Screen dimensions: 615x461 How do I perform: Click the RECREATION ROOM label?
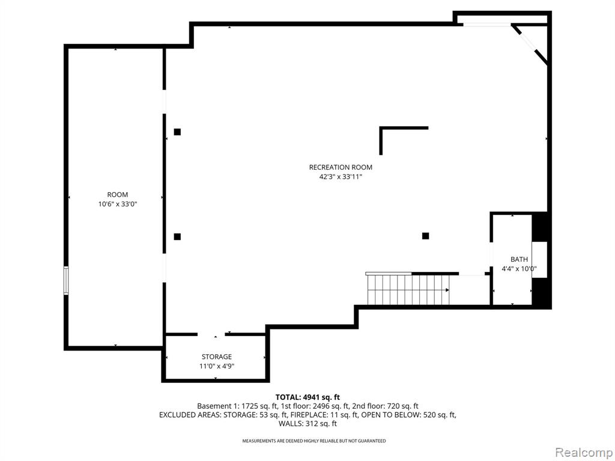click(341, 167)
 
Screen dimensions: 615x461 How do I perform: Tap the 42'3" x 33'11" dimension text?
click(341, 177)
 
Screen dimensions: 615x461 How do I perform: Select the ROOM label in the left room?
click(118, 195)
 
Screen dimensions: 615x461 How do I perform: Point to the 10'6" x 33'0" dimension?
click(118, 204)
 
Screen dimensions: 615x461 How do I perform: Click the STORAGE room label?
click(216, 357)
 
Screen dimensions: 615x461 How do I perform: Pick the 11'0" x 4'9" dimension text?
click(216, 366)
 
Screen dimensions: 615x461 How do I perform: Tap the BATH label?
click(519, 259)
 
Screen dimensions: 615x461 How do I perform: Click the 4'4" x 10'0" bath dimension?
click(520, 269)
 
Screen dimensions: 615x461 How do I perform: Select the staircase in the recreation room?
click(408, 289)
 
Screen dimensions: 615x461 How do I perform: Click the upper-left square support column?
click(177, 131)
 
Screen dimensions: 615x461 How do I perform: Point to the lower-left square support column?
click(177, 237)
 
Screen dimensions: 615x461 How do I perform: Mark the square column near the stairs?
click(426, 235)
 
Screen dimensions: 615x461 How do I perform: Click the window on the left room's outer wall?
click(66, 280)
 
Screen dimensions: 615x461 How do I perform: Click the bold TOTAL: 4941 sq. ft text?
click(307, 397)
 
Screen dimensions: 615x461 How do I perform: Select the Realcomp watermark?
click(584, 453)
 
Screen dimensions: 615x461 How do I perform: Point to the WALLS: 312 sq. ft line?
click(307, 423)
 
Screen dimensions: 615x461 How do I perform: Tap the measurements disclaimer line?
click(314, 441)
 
